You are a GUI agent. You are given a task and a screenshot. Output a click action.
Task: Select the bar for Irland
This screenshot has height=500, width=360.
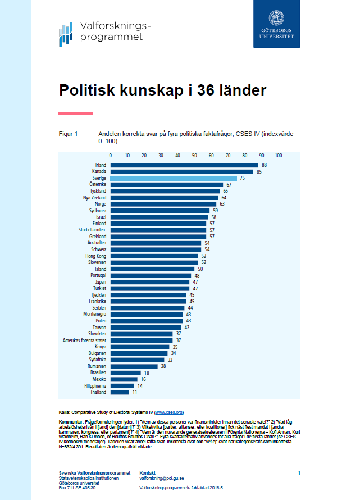point(184,165)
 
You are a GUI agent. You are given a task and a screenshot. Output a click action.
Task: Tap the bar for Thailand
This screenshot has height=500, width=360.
point(120,392)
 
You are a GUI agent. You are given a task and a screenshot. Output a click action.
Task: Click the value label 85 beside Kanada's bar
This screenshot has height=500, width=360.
point(259,171)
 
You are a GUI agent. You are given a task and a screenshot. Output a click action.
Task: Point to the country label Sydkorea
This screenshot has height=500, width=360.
point(98,210)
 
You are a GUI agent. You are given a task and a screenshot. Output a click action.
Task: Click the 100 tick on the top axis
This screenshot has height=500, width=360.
point(278,155)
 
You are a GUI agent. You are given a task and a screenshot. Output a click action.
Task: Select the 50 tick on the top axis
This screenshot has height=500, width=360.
point(194,155)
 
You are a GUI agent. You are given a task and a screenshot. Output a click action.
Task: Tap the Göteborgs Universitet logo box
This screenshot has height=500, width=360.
point(276,24)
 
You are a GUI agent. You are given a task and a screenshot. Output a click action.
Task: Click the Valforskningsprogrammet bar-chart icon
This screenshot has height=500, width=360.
point(66,34)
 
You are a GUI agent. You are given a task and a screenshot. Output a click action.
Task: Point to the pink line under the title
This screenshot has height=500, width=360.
point(75,113)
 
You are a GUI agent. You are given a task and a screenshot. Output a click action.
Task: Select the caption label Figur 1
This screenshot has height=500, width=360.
point(68,134)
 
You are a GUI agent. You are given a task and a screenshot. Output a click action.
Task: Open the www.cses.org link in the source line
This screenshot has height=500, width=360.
point(168,412)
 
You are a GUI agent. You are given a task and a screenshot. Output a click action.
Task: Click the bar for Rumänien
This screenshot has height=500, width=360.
point(134,366)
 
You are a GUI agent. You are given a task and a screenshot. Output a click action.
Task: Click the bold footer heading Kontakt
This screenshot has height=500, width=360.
point(148,472)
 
